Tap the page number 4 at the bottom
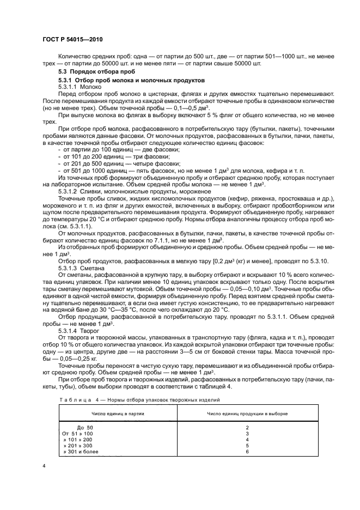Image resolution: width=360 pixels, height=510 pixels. click(x=44, y=466)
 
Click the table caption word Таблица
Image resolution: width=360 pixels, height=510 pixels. click(x=77, y=400)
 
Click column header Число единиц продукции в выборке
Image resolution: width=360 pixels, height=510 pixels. click(x=247, y=414)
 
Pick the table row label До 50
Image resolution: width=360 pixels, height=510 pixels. click(x=85, y=428)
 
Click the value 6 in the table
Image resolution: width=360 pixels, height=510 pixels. click(x=247, y=452)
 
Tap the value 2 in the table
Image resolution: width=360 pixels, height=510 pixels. click(x=247, y=428)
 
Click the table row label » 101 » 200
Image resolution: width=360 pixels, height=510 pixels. click(x=78, y=440)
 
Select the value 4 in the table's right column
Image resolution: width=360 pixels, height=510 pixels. click(x=247, y=440)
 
